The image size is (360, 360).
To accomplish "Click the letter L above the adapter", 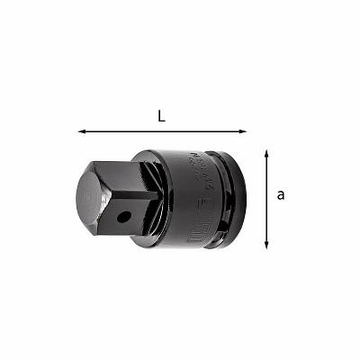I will [x=161, y=115].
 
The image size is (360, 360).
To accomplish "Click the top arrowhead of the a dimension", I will [x=266, y=154].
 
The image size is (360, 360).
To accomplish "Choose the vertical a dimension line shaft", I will [x=266, y=200].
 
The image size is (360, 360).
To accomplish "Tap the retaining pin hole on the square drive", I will [x=127, y=217].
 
